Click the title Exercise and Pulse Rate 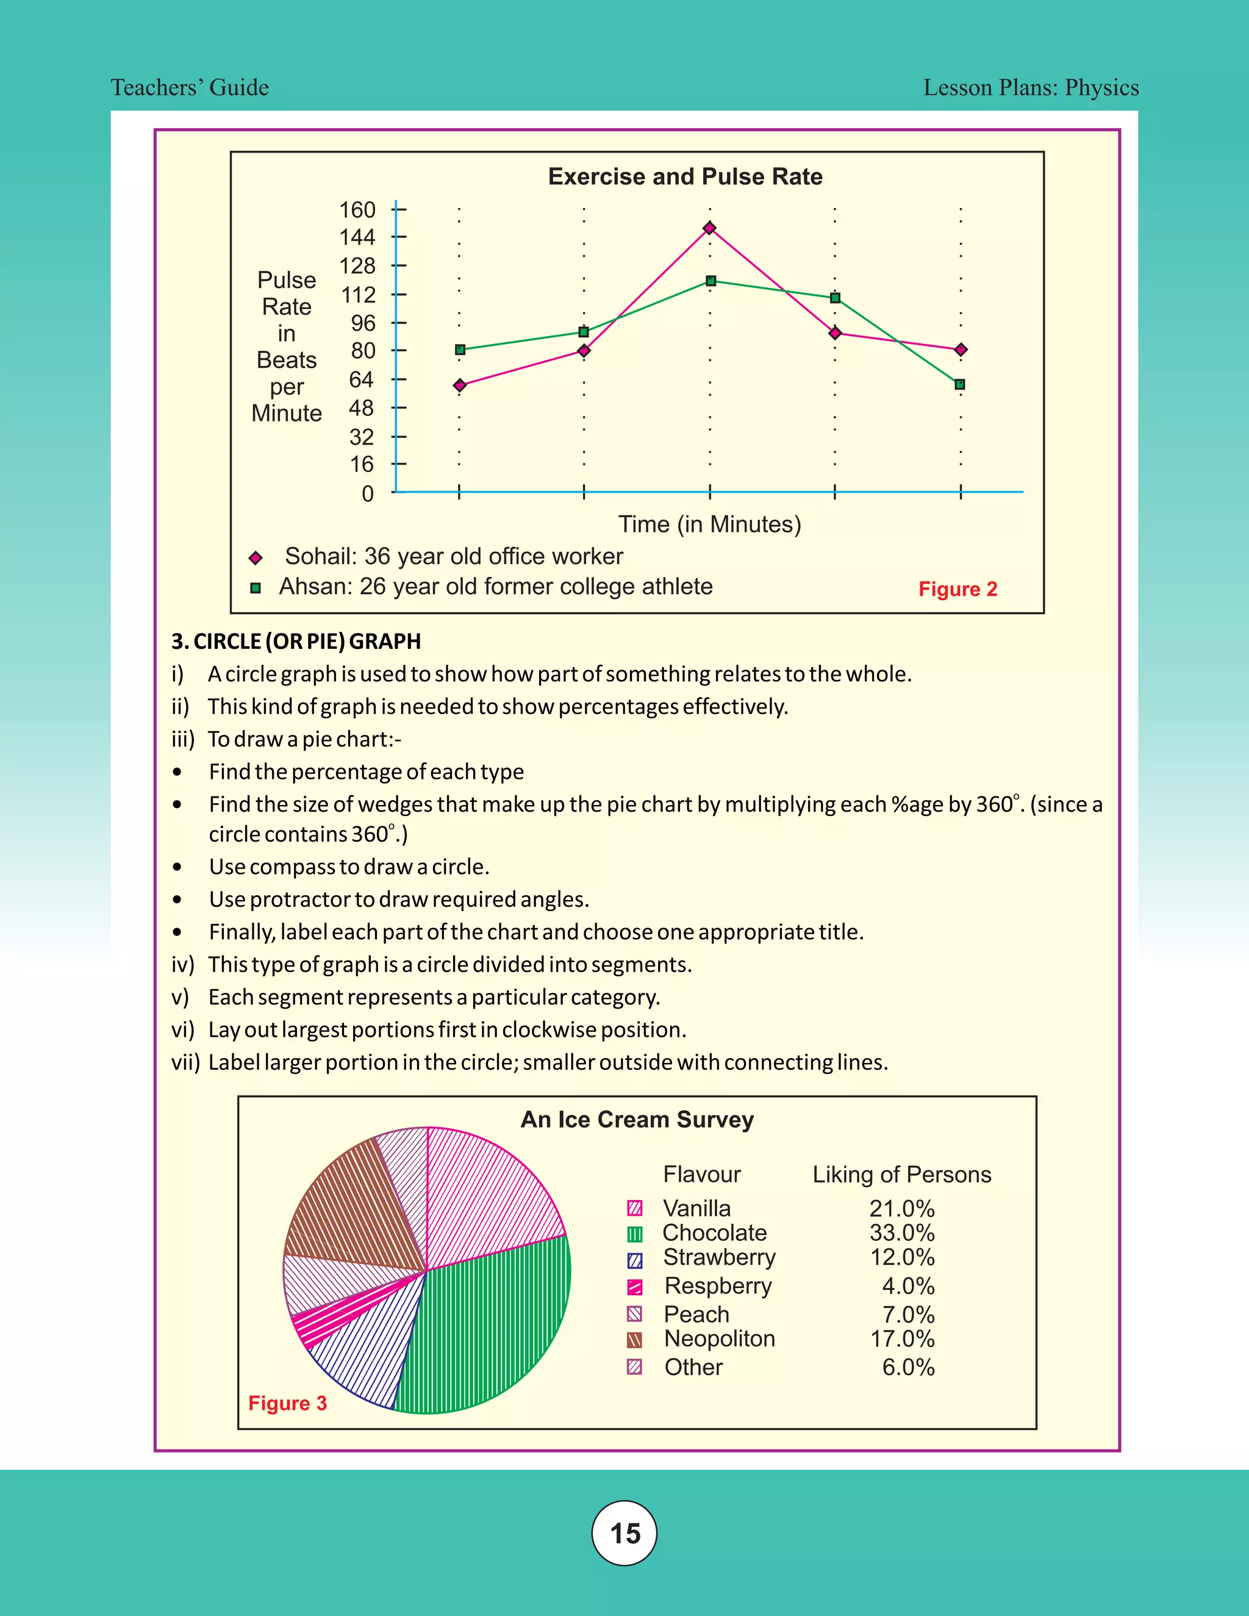point(685,176)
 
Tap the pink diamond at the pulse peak point(710,228)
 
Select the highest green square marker point(710,281)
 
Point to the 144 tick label point(357,237)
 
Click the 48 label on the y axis point(361,408)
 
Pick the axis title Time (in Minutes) point(710,524)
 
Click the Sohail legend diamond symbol point(256,557)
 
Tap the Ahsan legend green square point(256,588)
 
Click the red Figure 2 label point(957,589)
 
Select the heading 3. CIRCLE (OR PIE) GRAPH point(296,641)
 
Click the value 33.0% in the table point(901,1232)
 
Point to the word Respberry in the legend point(718,1285)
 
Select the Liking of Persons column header point(901,1174)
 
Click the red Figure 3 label point(287,1403)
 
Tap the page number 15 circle point(624,1533)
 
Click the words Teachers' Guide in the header point(190,87)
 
